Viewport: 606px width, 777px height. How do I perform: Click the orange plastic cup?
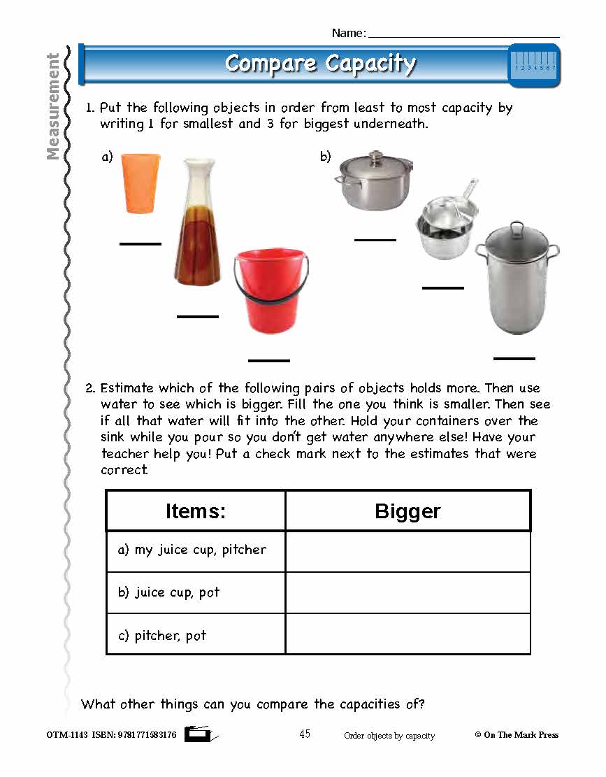[140, 183]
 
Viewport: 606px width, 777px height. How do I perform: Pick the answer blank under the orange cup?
[140, 243]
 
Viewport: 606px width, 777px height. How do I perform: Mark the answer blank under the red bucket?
[269, 360]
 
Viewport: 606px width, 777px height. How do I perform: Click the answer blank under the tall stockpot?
[514, 358]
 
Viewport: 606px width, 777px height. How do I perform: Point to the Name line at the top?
[463, 35]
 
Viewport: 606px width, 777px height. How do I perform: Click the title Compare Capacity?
[320, 64]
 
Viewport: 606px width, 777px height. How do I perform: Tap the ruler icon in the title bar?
[534, 64]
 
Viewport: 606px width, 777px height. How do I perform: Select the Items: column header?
[196, 511]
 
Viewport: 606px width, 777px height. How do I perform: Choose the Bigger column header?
[407, 511]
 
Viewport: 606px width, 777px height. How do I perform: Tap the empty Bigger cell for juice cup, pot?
[407, 593]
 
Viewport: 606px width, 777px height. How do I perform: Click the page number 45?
[305, 734]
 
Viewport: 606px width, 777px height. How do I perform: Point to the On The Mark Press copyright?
[517, 735]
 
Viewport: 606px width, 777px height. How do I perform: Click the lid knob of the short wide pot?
[376, 154]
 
